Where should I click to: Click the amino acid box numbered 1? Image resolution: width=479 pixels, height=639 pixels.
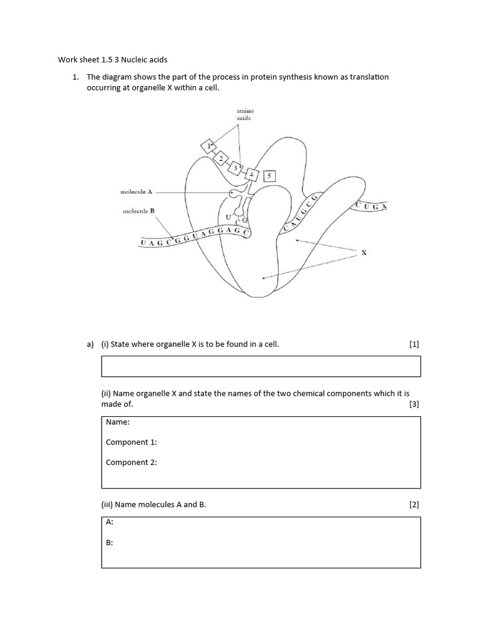click(x=208, y=146)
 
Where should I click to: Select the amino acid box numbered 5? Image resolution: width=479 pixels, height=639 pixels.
click(x=269, y=177)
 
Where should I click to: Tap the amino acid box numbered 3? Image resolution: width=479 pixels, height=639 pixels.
click(x=236, y=168)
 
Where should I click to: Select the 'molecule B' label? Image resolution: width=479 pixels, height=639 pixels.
click(x=138, y=212)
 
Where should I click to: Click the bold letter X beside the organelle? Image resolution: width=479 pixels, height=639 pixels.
click(x=364, y=253)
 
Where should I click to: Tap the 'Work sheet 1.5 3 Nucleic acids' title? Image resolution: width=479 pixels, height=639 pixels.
click(x=113, y=60)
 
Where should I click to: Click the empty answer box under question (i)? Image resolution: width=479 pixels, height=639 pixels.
click(x=261, y=366)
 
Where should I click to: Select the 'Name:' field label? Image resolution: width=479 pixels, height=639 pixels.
click(x=118, y=422)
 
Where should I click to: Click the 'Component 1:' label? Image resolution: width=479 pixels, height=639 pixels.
click(x=131, y=442)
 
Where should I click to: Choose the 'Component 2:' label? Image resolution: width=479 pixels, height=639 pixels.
click(x=131, y=462)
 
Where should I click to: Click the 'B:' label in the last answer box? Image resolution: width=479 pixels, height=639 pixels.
click(x=110, y=543)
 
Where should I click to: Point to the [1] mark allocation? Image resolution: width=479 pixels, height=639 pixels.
click(x=414, y=344)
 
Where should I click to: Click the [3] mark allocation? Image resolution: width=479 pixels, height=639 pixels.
click(x=414, y=404)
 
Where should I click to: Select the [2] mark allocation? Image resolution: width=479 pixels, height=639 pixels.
click(x=414, y=505)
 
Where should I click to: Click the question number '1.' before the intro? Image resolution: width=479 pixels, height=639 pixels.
click(x=75, y=77)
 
